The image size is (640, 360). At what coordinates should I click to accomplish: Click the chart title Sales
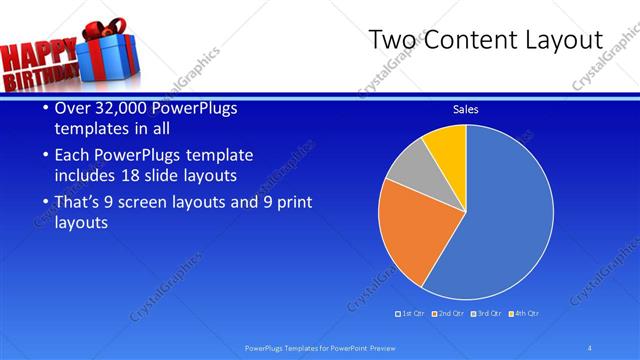(x=465, y=109)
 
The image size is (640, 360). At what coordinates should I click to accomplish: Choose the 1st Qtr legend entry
(x=411, y=314)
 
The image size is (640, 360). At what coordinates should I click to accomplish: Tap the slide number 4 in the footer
(x=590, y=348)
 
